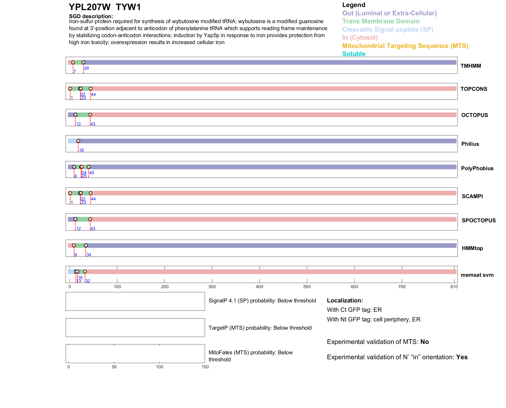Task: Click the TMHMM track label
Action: pyautogui.click(x=470, y=66)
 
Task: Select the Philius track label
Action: pyautogui.click(x=470, y=144)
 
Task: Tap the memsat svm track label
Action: pyautogui.click(x=477, y=275)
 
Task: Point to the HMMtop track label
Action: pyautogui.click(x=472, y=248)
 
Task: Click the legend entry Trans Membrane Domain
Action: pyautogui.click(x=381, y=21)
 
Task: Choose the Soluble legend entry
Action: pyautogui.click(x=354, y=54)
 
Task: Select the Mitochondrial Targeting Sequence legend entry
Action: pyautogui.click(x=405, y=46)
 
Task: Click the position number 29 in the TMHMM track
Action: pyautogui.click(x=86, y=68)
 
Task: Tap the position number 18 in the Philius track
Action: pyautogui.click(x=81, y=150)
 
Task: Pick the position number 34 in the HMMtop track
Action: pyautogui.click(x=89, y=255)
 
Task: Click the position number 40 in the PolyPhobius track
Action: pyautogui.click(x=92, y=173)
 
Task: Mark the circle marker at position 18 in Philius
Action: pyautogui.click(x=78, y=141)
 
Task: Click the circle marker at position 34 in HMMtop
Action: pyautogui.click(x=86, y=245)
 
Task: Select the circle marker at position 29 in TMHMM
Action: pyautogui.click(x=83, y=63)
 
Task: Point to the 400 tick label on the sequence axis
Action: pyautogui.click(x=259, y=287)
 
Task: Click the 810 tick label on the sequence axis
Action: pyautogui.click(x=454, y=287)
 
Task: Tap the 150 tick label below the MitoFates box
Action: pyautogui.click(x=205, y=367)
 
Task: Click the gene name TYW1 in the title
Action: pyautogui.click(x=128, y=7)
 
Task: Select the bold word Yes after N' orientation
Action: pyautogui.click(x=462, y=357)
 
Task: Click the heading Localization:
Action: pyautogui.click(x=345, y=301)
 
